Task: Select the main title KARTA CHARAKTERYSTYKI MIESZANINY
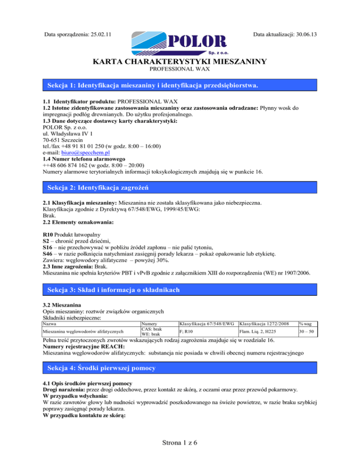pyautogui.click(x=180, y=61)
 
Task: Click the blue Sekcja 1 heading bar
pyautogui.click(x=180, y=86)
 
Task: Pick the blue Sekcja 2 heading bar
pyautogui.click(x=180, y=188)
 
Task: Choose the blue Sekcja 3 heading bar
pyautogui.click(x=180, y=291)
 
